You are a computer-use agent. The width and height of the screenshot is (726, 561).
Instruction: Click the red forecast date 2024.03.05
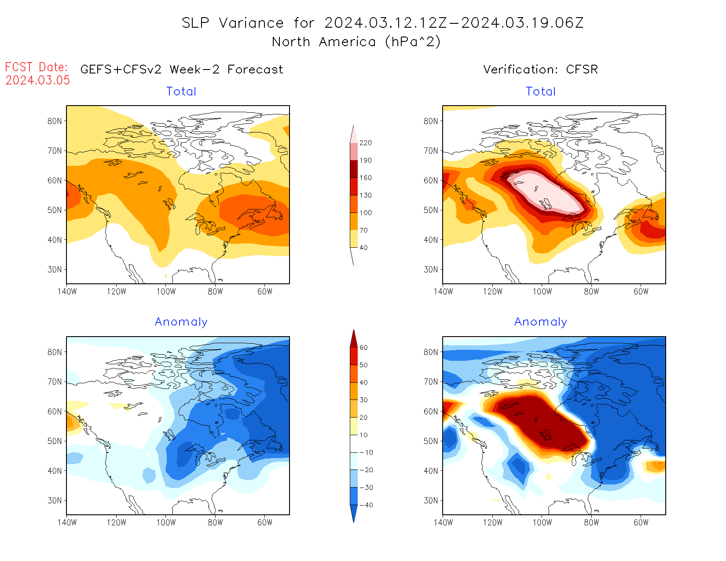click(38, 81)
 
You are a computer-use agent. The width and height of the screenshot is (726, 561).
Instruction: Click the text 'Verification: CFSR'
click(540, 70)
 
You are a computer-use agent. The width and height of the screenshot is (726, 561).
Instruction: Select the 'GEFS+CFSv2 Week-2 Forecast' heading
click(182, 70)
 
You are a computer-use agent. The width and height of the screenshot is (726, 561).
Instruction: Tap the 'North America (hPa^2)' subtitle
click(356, 42)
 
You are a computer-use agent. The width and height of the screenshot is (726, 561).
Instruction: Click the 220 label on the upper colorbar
click(366, 143)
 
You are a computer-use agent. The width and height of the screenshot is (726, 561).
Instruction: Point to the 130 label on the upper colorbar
click(366, 195)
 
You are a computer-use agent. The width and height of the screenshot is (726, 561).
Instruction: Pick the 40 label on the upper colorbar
click(364, 248)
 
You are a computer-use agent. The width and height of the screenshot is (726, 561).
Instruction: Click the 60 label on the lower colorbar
click(364, 348)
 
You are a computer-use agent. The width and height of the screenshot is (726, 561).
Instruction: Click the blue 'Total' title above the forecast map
click(181, 92)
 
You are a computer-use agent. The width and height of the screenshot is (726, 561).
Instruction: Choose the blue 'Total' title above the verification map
click(541, 92)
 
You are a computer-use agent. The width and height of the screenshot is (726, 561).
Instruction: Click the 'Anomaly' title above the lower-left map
click(181, 322)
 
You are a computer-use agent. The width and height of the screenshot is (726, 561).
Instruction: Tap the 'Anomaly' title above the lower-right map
click(541, 322)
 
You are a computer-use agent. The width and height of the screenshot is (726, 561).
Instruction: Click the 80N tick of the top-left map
click(55, 121)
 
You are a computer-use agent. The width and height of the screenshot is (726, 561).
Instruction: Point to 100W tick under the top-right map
click(542, 291)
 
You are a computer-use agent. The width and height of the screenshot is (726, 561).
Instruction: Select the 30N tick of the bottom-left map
click(55, 500)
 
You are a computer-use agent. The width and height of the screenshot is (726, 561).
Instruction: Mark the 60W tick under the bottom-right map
click(641, 522)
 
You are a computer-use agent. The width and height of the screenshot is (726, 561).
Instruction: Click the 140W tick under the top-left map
click(67, 291)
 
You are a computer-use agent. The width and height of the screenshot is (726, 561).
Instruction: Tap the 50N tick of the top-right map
click(431, 210)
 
